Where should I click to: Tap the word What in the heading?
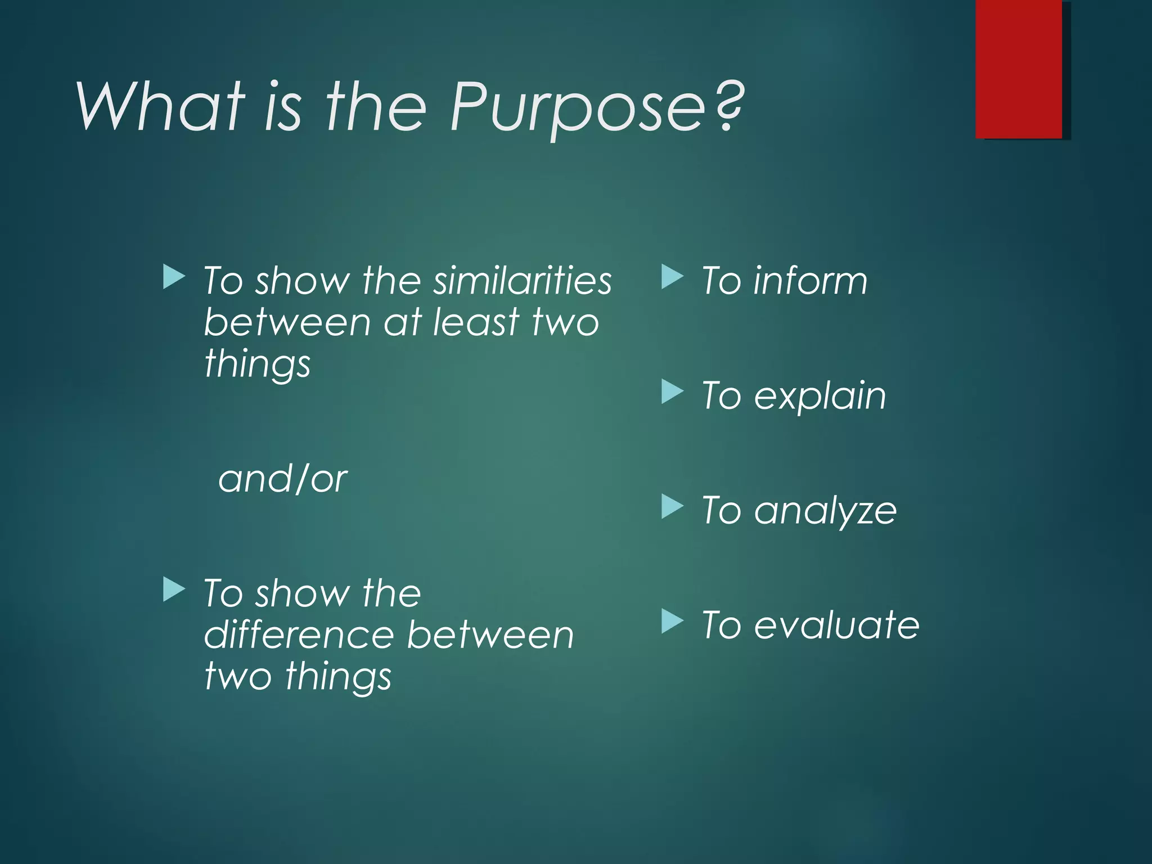coord(161,107)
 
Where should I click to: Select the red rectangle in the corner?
coord(1018,69)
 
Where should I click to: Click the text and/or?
coord(282,479)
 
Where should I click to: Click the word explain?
coord(820,396)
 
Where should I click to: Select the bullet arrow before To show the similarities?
coord(174,277)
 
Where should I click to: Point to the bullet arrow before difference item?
coord(174,589)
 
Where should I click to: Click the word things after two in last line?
coord(338,676)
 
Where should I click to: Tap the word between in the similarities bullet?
coord(287,322)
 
